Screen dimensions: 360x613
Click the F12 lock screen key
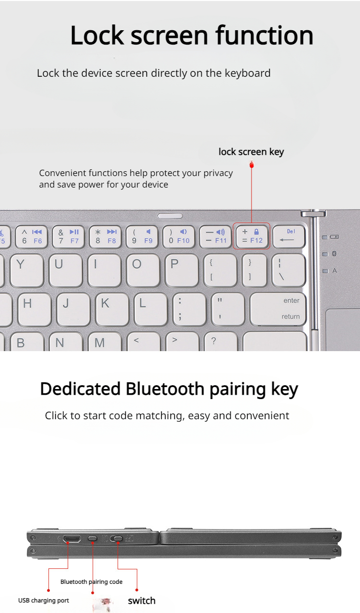pyautogui.click(x=252, y=236)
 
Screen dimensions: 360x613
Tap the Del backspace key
pyautogui.click(x=289, y=236)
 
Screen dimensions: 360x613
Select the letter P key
pyautogui.click(x=182, y=271)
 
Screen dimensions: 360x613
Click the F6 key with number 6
pyautogui.click(x=31, y=237)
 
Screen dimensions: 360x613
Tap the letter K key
pyautogui.click(x=112, y=309)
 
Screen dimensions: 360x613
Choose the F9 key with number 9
pyautogui.click(x=142, y=237)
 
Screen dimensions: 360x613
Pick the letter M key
pyautogui.click(x=105, y=342)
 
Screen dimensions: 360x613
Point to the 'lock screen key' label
pyautogui.click(x=251, y=152)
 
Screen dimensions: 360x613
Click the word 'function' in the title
pyautogui.click(x=264, y=35)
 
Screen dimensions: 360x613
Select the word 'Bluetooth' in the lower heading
pyautogui.click(x=165, y=389)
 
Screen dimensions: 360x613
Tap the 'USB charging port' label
pyautogui.click(x=44, y=600)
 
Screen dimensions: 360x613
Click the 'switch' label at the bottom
pyautogui.click(x=142, y=601)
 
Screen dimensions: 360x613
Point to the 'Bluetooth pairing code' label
pyautogui.click(x=91, y=581)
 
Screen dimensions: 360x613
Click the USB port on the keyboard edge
pyautogui.click(x=72, y=539)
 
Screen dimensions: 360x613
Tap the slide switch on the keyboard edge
pyautogui.click(x=116, y=539)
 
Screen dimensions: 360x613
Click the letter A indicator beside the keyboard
pyautogui.click(x=335, y=271)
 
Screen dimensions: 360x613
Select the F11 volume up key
pyautogui.click(x=216, y=236)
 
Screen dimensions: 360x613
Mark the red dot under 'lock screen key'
pyautogui.click(x=252, y=165)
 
